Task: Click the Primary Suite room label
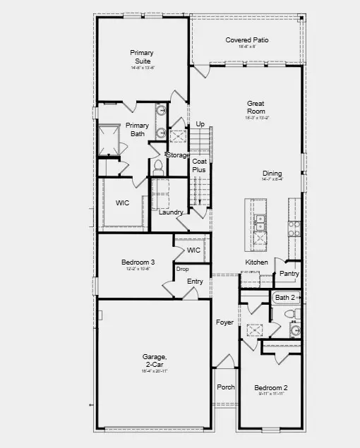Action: click(x=142, y=56)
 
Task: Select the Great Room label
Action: click(x=256, y=107)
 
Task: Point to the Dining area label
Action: click(x=272, y=173)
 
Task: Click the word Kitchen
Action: click(x=256, y=262)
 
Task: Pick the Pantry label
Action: click(x=289, y=274)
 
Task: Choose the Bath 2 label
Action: click(x=285, y=298)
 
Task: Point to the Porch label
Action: click(x=225, y=387)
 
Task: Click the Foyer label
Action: click(x=224, y=322)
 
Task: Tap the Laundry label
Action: click(x=171, y=212)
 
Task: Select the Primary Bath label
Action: click(x=138, y=130)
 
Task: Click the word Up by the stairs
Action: click(x=200, y=125)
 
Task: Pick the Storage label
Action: click(x=178, y=155)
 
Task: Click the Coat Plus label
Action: click(x=200, y=166)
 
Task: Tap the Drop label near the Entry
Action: click(x=182, y=270)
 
